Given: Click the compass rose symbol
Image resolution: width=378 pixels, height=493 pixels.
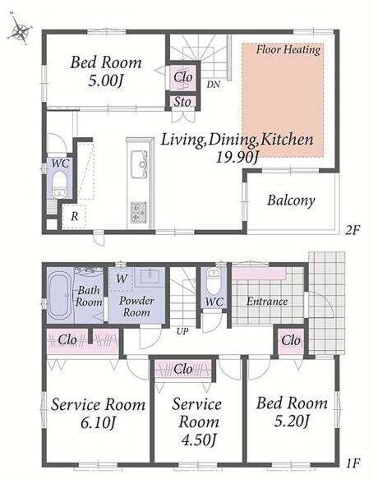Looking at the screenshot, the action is point(19,30).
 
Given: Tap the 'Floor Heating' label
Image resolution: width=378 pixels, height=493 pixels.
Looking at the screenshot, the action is point(288,49).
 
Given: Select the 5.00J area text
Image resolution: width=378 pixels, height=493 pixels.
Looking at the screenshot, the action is point(105,81).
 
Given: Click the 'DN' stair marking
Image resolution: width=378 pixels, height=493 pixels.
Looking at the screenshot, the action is point(213,85).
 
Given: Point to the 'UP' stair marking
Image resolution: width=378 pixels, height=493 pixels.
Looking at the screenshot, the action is point(182,331).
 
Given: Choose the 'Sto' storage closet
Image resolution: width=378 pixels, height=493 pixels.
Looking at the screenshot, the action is point(182,102).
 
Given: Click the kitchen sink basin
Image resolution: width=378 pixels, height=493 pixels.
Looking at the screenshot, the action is point(139,164).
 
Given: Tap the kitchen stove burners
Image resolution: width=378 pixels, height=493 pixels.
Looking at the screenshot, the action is point(139,212).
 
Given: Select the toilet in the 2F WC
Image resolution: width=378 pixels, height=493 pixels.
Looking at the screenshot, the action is point(59,185).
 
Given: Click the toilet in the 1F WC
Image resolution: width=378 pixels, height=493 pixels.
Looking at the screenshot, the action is point(214,280).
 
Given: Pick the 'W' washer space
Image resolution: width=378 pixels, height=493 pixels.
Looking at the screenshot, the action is point(122,279).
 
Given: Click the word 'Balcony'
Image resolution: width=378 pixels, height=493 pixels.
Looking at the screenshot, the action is point(291,200).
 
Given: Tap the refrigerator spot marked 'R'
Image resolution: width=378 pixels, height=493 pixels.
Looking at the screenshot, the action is point(74,216).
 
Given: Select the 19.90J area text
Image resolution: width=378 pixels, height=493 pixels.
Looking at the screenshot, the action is point(237,157).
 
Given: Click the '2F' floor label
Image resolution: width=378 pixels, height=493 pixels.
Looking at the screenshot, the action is point(352,230).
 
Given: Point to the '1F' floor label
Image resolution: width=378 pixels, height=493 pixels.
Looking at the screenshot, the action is point(353,463).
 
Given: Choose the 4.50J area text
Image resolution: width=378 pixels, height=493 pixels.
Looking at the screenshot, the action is point(199,440).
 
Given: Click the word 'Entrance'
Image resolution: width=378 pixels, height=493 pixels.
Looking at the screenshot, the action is point(267,302).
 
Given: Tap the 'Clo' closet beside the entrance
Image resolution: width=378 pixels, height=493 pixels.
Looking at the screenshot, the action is point(291,340).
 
